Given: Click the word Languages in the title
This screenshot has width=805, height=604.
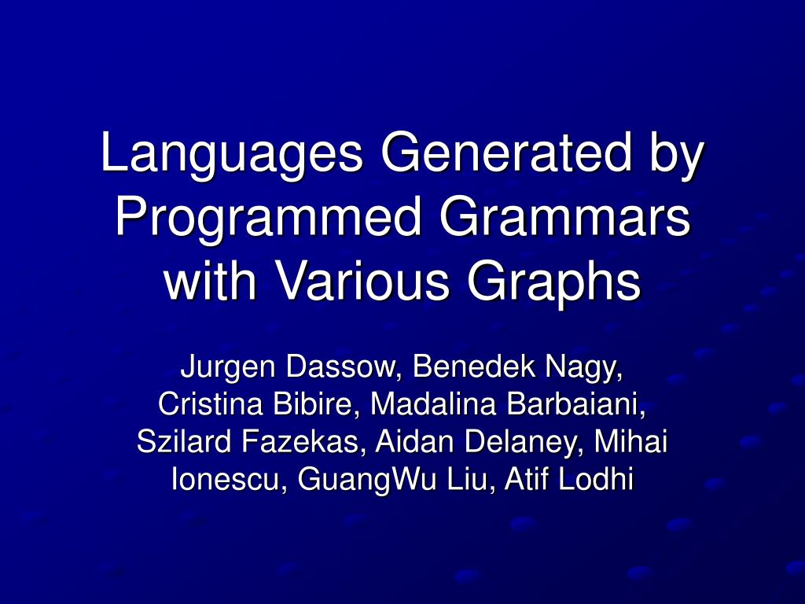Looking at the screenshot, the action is pos(232,154).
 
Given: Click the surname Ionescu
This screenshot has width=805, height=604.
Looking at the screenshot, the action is pos(229,479).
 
